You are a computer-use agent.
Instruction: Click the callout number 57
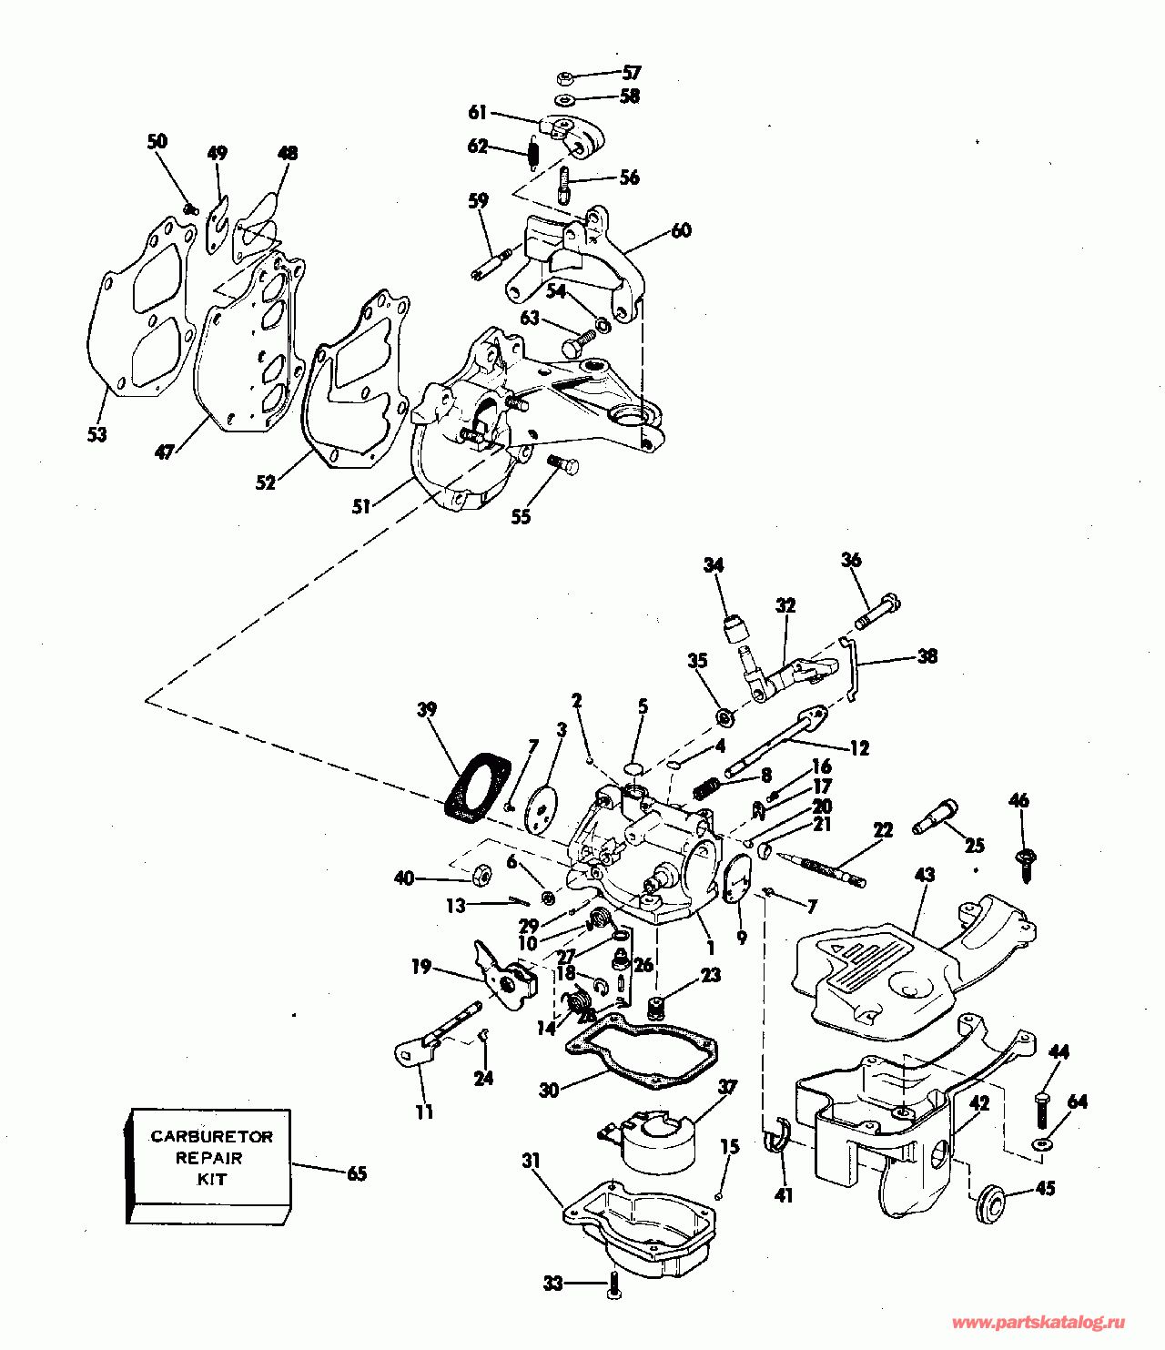tap(632, 72)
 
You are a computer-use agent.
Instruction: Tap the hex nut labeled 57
tap(565, 79)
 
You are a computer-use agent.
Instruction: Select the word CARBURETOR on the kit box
tap(211, 1136)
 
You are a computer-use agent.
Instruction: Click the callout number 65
tap(357, 1173)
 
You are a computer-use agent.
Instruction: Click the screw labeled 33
tap(613, 1284)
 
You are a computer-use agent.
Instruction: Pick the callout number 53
tap(97, 434)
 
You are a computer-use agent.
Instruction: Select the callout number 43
tap(925, 875)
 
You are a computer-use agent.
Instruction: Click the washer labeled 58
tap(563, 100)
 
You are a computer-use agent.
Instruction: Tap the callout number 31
tap(532, 1161)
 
